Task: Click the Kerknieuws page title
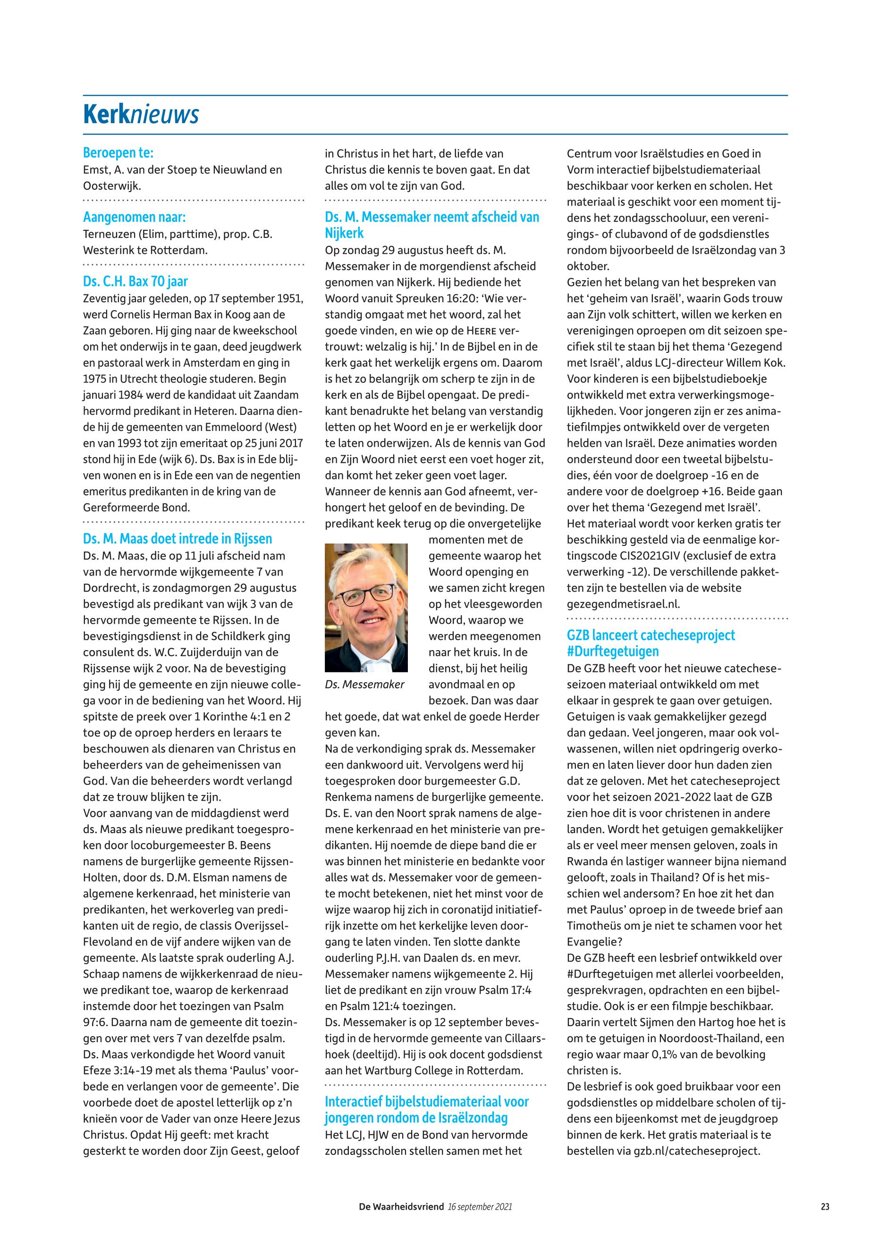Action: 141,115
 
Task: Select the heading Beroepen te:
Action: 118,153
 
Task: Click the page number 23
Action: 825,1207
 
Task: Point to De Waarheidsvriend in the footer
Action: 401,1207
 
